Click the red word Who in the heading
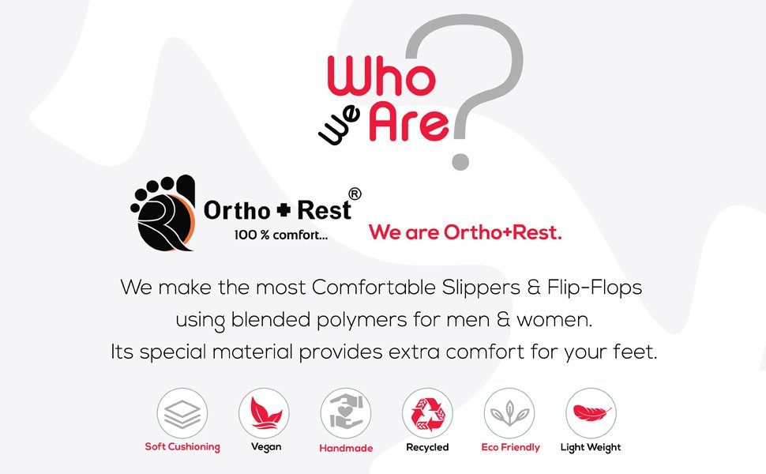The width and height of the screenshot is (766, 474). pos(381,76)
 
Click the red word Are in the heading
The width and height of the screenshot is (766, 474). pos(408,122)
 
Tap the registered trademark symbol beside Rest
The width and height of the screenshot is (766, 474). pos(355,194)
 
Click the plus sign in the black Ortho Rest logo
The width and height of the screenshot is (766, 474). pos(283,211)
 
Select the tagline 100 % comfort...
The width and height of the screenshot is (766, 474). pos(281,235)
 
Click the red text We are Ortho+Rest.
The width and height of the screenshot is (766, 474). pos(465,232)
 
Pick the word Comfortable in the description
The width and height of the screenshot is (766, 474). pos(374,287)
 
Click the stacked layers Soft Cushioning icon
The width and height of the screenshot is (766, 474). pos(182,413)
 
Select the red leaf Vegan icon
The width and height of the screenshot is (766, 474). pos(264,413)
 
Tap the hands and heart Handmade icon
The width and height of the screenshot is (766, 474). pos(346,413)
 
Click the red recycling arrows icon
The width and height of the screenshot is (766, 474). pos(427,413)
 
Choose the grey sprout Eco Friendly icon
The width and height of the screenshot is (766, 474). pos(509,413)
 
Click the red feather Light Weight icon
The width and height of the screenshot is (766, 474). pos(591,413)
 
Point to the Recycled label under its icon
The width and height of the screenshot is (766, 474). pos(427,447)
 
